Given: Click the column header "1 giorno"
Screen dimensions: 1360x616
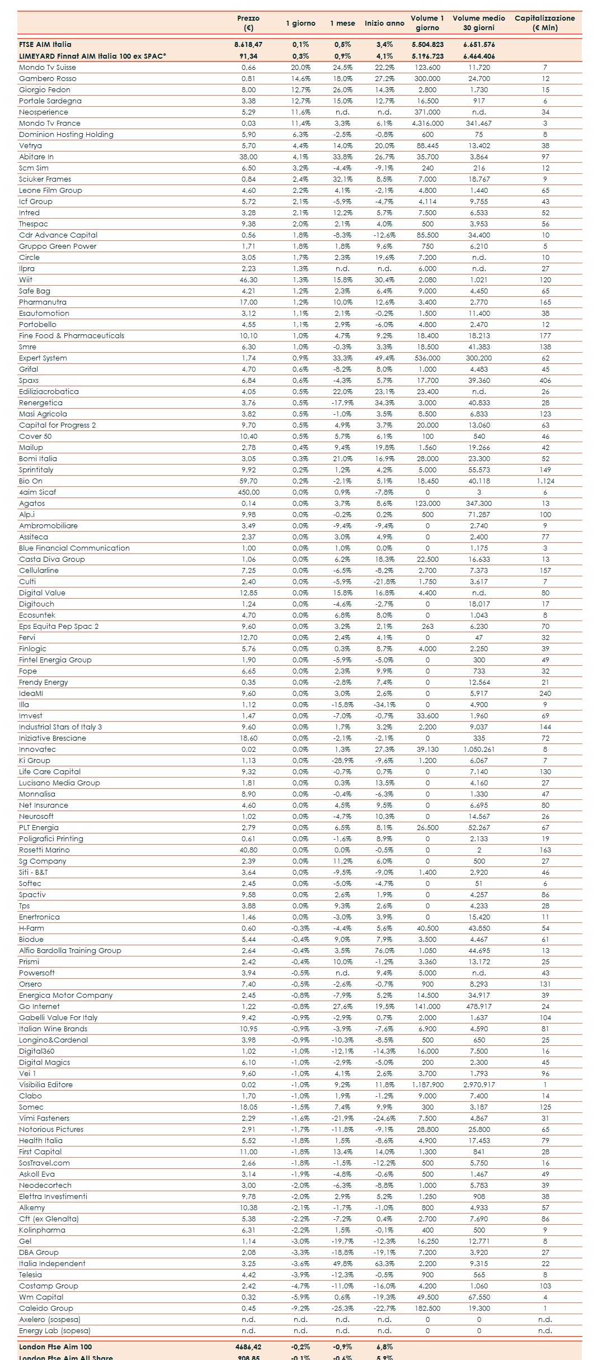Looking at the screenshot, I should (x=300, y=23).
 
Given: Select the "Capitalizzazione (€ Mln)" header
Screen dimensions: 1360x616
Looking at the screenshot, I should (x=544, y=23).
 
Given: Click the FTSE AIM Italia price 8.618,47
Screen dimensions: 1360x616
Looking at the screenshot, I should (x=248, y=44).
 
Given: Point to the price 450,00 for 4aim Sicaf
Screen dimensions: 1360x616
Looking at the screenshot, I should (x=248, y=492).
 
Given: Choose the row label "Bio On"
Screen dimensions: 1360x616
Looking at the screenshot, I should (x=31, y=481).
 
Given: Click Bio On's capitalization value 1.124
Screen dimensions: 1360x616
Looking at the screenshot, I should (x=545, y=481).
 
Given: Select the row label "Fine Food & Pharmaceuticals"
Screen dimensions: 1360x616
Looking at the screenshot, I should (x=72, y=335).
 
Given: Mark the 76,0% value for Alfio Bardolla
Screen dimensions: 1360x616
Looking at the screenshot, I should (x=384, y=950).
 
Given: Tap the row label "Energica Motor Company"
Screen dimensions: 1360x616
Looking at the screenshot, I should (x=65, y=995).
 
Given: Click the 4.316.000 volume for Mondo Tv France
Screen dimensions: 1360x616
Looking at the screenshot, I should (x=427, y=123).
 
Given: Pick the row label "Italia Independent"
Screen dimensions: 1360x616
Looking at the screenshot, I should (x=52, y=1263).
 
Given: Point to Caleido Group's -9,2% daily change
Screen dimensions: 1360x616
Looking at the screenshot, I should (x=300, y=1308).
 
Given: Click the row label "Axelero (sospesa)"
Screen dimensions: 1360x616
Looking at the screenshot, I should (x=49, y=1319).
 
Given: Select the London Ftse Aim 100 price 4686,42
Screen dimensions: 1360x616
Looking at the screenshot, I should (x=248, y=1347).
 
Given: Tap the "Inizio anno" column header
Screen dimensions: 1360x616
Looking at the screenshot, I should (x=384, y=23).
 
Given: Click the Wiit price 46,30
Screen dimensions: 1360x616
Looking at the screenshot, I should (x=248, y=279).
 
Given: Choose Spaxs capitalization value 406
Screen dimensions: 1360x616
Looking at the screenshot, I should (x=545, y=380).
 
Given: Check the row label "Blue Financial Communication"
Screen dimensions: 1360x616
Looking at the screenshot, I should (x=74, y=548).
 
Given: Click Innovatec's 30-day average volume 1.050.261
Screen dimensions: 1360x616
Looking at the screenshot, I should (x=479, y=749).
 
